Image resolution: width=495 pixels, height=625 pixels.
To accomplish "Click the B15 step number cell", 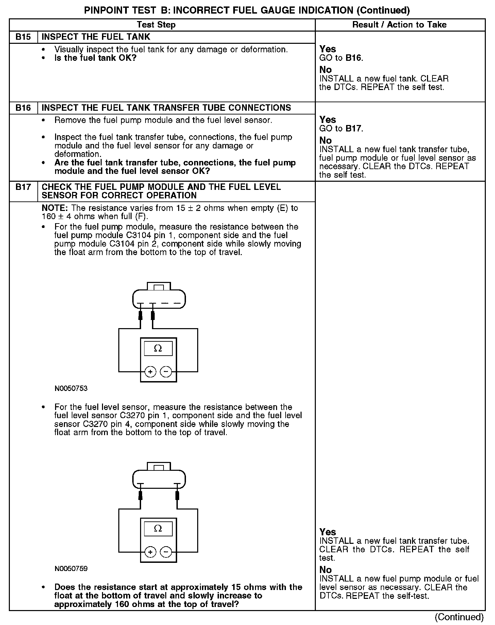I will tap(23, 37).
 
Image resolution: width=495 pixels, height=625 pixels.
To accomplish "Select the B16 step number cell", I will tap(23, 108).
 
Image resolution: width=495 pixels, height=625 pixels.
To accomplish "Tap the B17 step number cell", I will tap(23, 187).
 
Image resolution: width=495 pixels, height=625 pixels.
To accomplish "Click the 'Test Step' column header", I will tap(156, 25).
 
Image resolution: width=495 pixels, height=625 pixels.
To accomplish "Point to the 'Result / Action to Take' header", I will tap(399, 25).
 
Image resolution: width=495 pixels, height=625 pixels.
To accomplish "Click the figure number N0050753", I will tap(71, 389).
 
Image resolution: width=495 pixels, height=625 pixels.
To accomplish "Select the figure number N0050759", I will tap(71, 569).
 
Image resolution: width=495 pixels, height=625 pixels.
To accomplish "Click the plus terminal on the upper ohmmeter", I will tap(150, 372).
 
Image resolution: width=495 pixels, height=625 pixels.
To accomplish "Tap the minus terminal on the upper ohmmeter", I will tap(166, 372).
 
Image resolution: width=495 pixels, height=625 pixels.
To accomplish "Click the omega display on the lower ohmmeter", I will tap(158, 529).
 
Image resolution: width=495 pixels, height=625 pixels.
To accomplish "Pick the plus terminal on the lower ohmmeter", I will tap(150, 552).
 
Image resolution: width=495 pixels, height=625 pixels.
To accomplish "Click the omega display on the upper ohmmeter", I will tap(158, 349).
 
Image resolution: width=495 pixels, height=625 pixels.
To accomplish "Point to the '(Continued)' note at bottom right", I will tap(459, 617).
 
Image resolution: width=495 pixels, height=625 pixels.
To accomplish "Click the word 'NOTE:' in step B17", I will tap(55, 208).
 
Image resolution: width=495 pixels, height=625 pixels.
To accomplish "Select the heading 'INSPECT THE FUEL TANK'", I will tap(96, 37).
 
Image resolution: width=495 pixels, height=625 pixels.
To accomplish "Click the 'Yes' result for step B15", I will tap(328, 49).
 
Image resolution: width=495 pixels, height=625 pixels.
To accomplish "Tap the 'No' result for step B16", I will tap(325, 140).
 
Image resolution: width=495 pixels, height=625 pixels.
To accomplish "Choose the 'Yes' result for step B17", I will tap(328, 532).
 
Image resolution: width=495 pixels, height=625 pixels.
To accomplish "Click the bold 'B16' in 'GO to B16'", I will tap(354, 58).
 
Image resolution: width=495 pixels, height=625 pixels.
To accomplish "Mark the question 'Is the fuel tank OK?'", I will tap(95, 58).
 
